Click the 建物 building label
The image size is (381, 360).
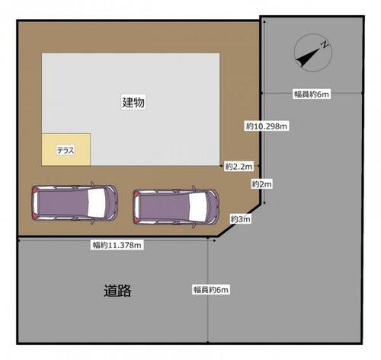133,102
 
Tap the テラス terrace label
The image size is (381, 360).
66,151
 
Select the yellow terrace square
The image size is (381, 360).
66,149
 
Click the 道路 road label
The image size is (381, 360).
117,291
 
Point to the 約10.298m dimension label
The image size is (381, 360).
267,126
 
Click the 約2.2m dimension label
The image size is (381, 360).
239,167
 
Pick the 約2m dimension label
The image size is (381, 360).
261,183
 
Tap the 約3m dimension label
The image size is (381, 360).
240,218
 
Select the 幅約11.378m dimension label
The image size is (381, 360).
117,245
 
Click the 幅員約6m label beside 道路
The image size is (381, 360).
211,289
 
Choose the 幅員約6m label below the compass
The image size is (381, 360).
312,94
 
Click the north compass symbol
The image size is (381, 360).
313,53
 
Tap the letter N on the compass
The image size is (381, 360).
325,45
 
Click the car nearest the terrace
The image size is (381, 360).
75,202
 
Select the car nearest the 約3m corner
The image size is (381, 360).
175,207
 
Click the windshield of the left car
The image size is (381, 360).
97,202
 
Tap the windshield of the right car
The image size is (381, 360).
197,206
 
